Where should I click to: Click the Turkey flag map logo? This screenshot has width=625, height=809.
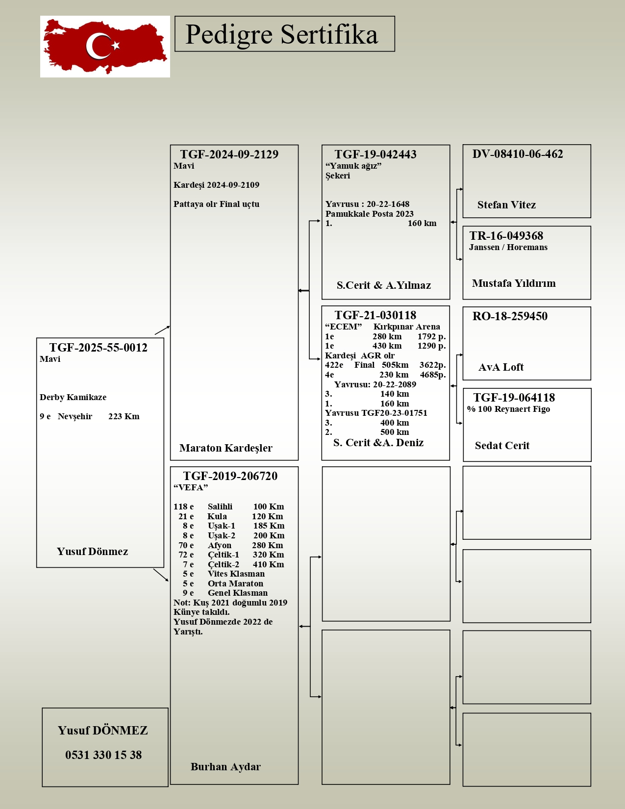(x=105, y=47)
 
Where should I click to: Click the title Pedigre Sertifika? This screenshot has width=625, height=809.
(x=282, y=34)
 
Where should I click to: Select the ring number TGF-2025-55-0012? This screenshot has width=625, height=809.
(x=98, y=348)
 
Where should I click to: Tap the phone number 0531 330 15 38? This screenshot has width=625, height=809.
(x=103, y=755)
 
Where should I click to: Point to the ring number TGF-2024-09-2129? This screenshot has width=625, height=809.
(x=229, y=154)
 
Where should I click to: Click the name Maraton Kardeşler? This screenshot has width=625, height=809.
(x=225, y=448)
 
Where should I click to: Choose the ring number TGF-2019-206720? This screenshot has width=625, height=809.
(x=230, y=476)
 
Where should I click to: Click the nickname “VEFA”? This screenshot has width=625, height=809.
(x=191, y=487)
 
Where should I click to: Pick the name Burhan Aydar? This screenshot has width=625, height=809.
(x=225, y=767)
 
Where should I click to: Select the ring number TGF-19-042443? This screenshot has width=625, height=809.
(x=375, y=154)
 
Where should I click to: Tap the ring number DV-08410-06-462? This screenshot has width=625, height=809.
(x=518, y=154)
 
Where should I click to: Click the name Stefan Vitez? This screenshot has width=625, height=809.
(x=506, y=205)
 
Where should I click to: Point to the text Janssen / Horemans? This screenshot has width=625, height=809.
(x=508, y=247)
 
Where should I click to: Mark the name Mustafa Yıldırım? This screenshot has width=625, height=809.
(x=514, y=283)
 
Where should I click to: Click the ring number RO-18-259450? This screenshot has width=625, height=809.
(x=510, y=316)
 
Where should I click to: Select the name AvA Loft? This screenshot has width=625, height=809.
(x=501, y=367)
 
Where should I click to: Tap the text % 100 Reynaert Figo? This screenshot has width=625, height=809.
(x=508, y=409)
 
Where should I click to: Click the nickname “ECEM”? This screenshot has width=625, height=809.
(x=343, y=327)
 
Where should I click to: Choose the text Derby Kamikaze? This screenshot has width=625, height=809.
(x=73, y=397)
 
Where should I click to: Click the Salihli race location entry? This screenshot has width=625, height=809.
(x=220, y=506)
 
